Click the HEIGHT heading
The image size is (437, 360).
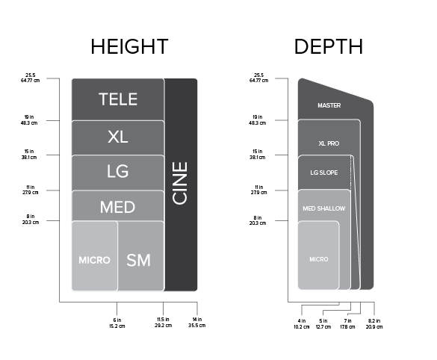tap(129, 46)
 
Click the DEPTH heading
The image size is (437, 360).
tap(329, 46)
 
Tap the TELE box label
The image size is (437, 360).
tap(118, 99)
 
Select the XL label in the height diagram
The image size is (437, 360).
tap(118, 137)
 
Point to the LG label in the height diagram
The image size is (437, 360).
tap(118, 171)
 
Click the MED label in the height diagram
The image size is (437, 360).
tap(117, 207)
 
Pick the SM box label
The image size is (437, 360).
tap(138, 260)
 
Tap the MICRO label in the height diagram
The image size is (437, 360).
tap(94, 260)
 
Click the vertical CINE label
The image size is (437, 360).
tap(180, 183)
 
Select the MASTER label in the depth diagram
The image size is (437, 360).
tap(329, 105)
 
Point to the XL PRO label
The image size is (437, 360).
tap(329, 143)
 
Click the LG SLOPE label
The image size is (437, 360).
tap(324, 173)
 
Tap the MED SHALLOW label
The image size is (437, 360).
tap(324, 208)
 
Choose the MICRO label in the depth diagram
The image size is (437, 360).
tap(319, 259)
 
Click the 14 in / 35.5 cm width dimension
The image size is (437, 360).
tap(196, 323)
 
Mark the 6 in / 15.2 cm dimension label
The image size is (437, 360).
tap(117, 323)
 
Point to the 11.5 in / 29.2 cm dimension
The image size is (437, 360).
tap(164, 323)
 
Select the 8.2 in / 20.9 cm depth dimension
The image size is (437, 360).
tap(374, 324)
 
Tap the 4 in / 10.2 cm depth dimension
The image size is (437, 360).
tap(302, 324)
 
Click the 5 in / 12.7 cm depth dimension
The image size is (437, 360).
tap(323, 324)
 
